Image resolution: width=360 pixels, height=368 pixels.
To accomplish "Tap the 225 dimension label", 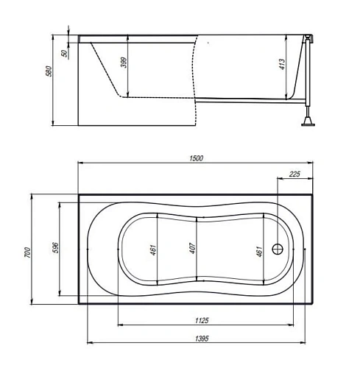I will point(294,174).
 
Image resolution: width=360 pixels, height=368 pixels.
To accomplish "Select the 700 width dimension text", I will point(27,251).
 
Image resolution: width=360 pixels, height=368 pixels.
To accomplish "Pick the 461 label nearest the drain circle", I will point(258,250).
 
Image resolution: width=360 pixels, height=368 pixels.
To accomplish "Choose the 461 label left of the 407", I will point(152,250).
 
